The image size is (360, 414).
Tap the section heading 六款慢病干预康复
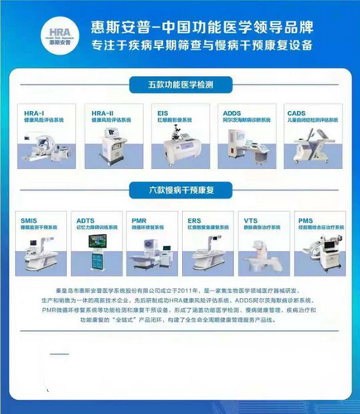[x=180, y=190]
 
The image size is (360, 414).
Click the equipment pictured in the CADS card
[x=311, y=145]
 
